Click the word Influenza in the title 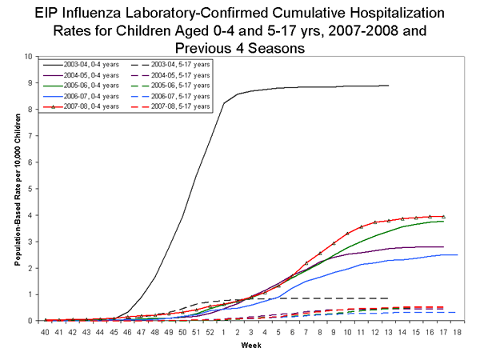(114, 15)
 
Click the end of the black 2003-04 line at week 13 (388, 86)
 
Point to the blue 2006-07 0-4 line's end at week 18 (456, 254)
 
